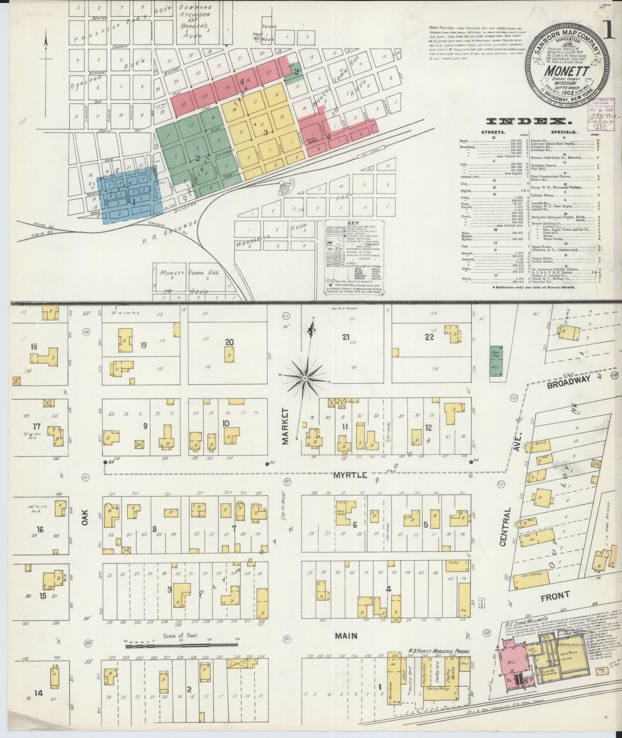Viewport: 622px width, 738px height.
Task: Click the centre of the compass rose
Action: [x=304, y=378]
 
